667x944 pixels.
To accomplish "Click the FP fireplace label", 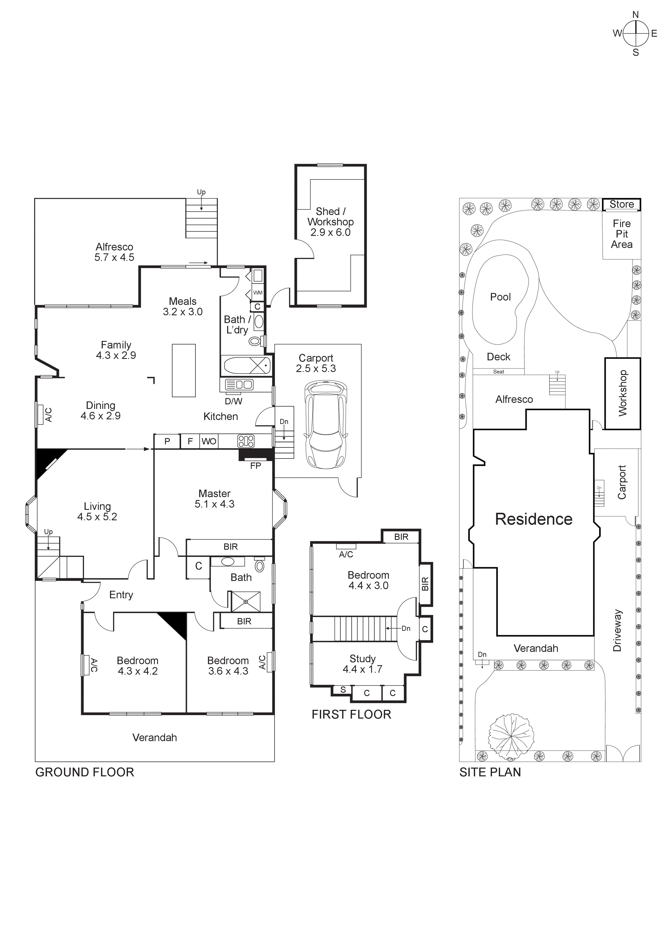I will coord(256,466).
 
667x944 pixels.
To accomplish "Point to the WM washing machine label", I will coord(258,293).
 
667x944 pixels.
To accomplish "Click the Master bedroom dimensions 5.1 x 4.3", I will coord(215,504).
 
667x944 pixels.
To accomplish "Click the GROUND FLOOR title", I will coord(85,773).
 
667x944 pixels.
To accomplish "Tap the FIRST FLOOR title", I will coord(351,715).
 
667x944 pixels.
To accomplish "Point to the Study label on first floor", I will coord(363,659).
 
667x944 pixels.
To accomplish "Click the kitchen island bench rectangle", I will coord(184,370).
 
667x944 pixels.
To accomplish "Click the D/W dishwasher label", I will coord(233,401).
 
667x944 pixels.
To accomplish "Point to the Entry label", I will coord(121,595).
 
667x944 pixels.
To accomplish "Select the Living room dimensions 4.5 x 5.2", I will coord(97,517).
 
